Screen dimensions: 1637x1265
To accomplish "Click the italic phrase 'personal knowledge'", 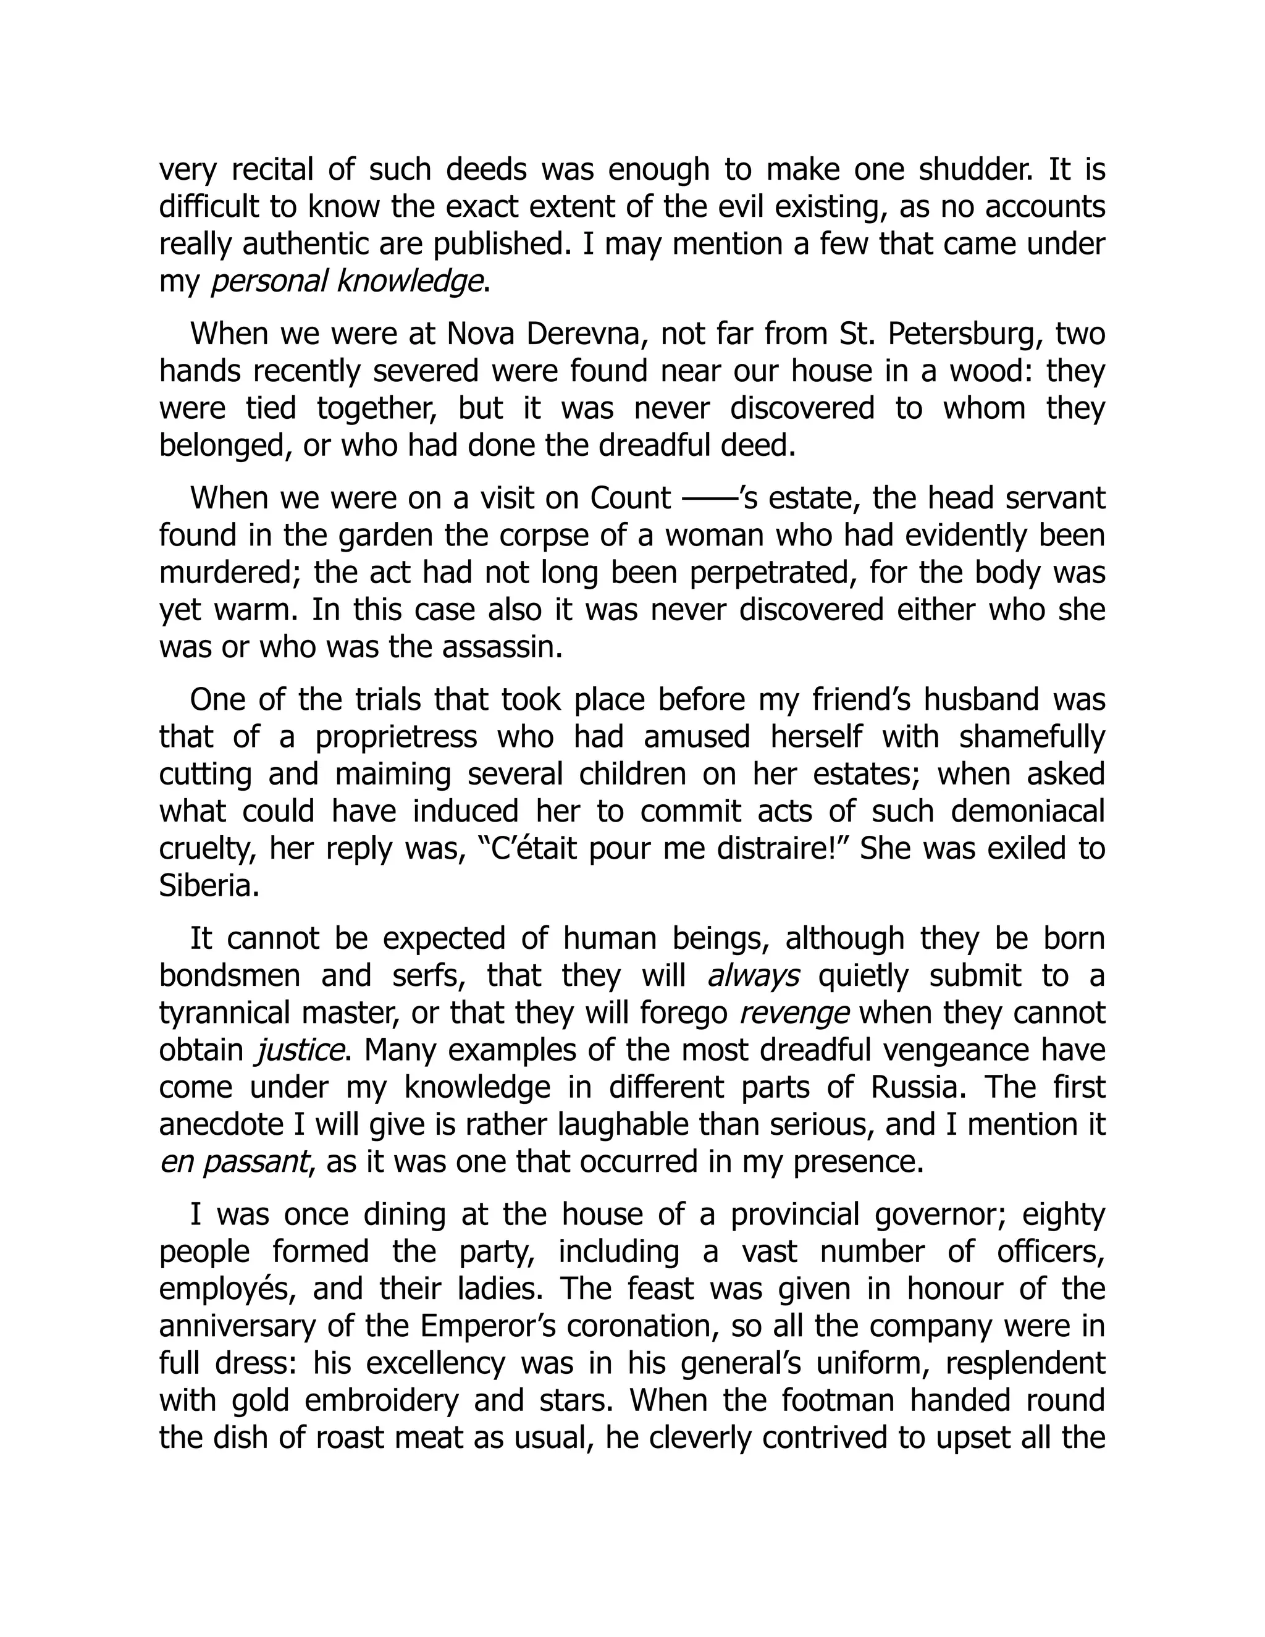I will coord(347,281).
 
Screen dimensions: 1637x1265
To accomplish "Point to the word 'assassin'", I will coord(500,647).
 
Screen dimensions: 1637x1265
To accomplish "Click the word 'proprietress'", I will coord(397,737).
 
